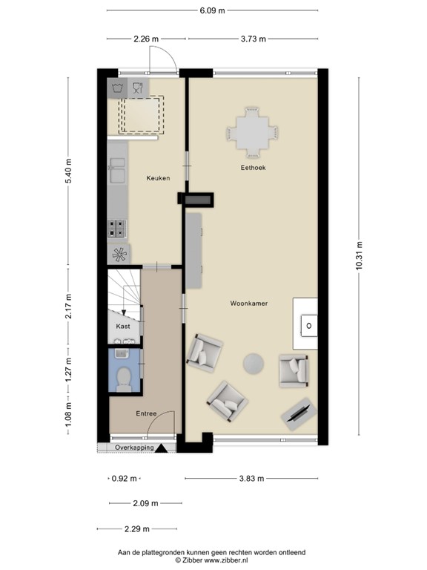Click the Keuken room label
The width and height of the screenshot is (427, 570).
click(158, 178)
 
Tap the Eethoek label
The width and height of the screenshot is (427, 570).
click(253, 168)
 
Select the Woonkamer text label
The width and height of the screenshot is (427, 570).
click(248, 304)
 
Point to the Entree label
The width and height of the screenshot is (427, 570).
click(146, 413)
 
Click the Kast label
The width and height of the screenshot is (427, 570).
click(123, 326)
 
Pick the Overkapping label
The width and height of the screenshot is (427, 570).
click(134, 448)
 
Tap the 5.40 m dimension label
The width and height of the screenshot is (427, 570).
click(68, 172)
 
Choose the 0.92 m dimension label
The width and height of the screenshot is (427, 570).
click(125, 479)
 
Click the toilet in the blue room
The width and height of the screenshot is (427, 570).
click(122, 377)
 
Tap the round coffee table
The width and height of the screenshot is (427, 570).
click(254, 362)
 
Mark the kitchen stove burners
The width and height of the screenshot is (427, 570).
click(117, 228)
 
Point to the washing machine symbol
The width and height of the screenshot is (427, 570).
click(117, 88)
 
